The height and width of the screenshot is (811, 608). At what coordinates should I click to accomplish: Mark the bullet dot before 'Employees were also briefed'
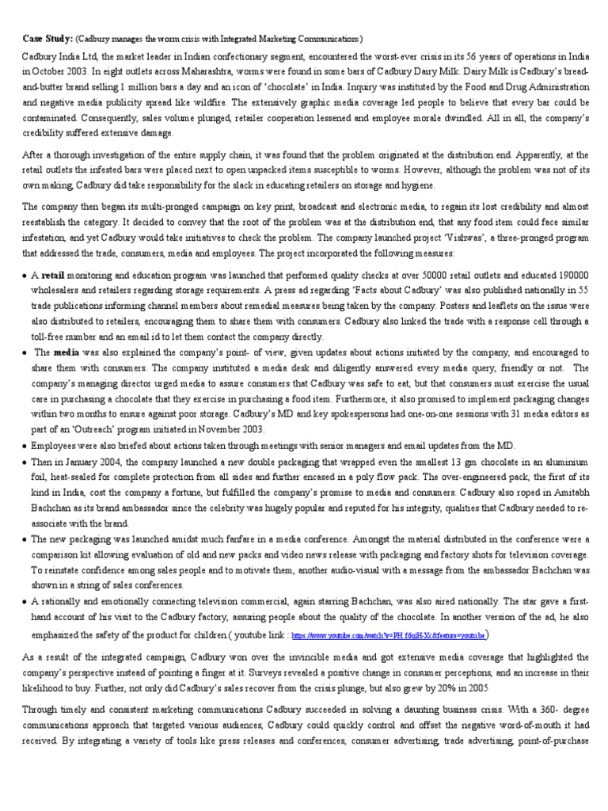tap(25, 447)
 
